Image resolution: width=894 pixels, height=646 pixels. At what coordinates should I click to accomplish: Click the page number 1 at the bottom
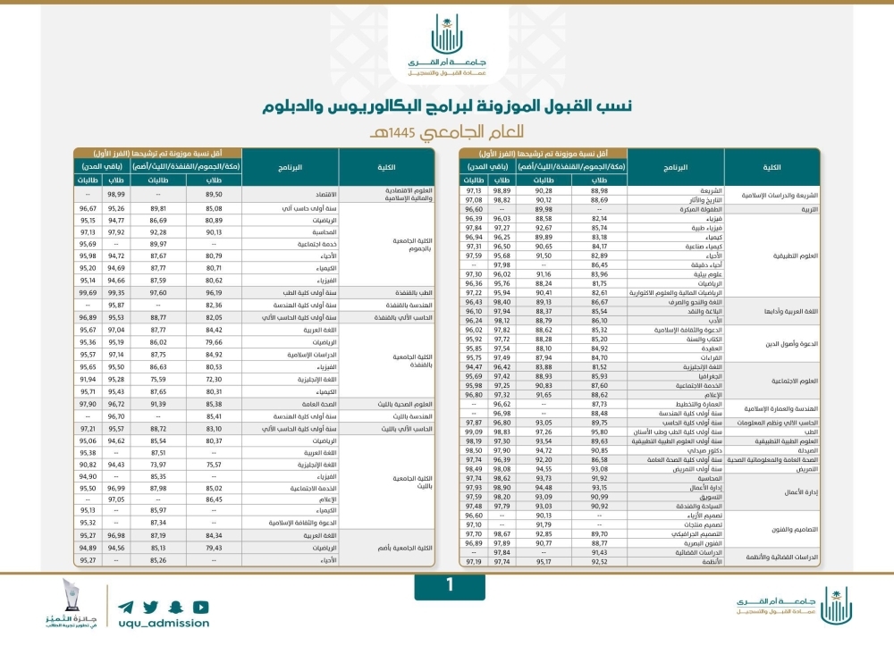click(x=448, y=585)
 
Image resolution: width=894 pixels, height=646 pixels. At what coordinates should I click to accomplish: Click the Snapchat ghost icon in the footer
click(x=178, y=603)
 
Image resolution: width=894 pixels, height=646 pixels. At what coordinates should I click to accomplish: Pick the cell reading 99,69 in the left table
click(x=88, y=291)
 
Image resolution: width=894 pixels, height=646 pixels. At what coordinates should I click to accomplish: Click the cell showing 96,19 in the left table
click(x=213, y=291)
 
